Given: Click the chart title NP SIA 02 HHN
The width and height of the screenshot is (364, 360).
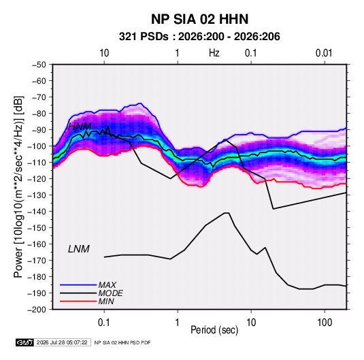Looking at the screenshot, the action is [199, 19].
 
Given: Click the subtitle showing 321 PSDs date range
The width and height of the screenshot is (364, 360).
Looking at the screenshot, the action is [199, 37].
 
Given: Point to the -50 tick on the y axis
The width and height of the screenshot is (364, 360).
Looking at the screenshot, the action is [39, 65].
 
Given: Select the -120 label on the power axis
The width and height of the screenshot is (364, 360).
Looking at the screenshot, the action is [37, 179].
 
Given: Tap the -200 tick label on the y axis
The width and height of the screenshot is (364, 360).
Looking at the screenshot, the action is [37, 310].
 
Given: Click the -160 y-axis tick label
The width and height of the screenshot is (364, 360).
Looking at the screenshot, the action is [37, 244].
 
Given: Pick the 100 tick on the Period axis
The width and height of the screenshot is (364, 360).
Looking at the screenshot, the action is [325, 323].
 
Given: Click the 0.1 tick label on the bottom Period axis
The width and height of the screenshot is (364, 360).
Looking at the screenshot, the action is [104, 323].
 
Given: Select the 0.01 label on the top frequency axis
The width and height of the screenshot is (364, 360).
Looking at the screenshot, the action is [324, 53].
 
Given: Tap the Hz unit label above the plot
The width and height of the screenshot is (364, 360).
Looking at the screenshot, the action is [214, 53].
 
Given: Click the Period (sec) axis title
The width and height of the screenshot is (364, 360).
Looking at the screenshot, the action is [214, 330].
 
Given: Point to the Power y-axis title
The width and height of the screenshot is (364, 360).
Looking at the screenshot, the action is [18, 187].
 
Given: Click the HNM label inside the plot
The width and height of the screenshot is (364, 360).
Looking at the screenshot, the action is [80, 127].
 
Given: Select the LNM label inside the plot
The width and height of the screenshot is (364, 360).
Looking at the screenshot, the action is [79, 249].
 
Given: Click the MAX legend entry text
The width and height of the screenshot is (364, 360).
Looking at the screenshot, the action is [107, 284].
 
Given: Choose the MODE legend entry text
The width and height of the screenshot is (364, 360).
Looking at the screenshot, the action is [110, 293].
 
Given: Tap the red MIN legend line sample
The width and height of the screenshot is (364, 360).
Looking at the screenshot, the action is [78, 301].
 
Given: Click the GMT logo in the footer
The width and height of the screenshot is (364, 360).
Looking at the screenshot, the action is [24, 342].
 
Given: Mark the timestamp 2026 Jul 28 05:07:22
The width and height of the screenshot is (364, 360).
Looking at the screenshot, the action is [62, 342].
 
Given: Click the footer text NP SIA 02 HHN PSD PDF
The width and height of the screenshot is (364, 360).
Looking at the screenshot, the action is [122, 342].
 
